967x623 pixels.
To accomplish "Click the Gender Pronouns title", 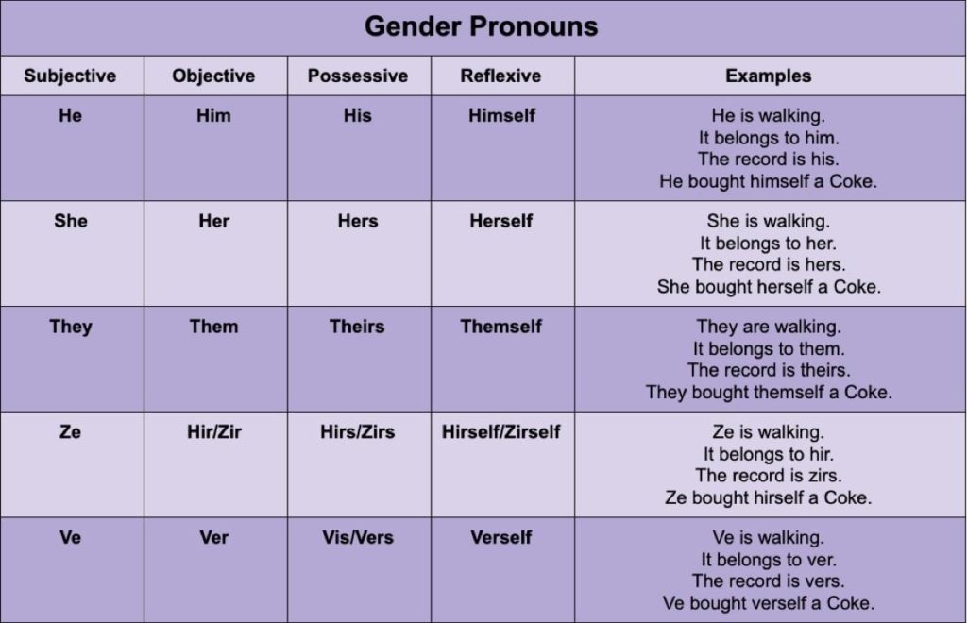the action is coord(481,26).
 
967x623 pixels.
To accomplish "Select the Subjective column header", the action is coord(70,76).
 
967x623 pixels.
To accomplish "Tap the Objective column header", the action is coord(213,76).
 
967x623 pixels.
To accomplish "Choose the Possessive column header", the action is coord(358,76).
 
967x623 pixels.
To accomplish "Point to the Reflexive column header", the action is coord(500,76).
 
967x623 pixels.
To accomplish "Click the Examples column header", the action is coord(769,76).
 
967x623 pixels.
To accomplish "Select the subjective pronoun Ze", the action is coord(70,431).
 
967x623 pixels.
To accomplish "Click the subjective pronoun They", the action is coord(71,327).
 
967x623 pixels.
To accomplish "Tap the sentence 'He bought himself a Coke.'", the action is coord(769,181).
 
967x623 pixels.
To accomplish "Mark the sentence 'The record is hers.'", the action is coord(769,264).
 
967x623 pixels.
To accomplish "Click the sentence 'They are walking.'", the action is coord(769,327).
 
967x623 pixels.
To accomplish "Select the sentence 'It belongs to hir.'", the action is coord(769,454).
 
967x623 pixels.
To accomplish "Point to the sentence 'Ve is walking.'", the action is coord(769,537).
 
